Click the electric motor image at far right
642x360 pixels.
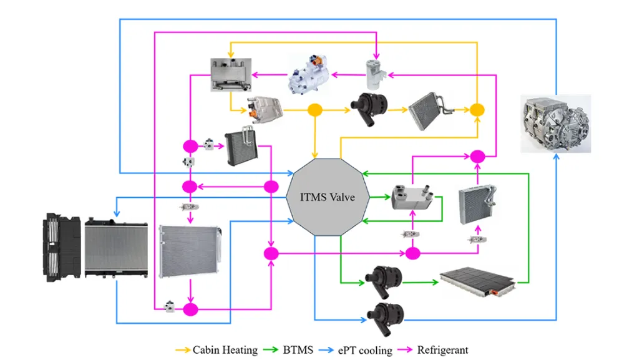(x=555, y=124)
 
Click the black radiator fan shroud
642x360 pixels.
(x=62, y=246)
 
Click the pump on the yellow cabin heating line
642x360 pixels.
(x=367, y=107)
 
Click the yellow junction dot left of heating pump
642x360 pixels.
(x=315, y=110)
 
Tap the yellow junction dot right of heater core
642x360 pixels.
(x=477, y=110)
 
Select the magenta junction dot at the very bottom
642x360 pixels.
(x=190, y=309)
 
